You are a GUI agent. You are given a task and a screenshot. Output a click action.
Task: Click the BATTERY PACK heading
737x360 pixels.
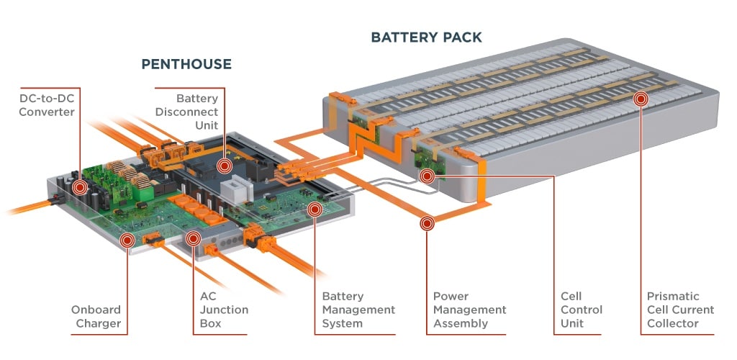pyautogui.click(x=426, y=37)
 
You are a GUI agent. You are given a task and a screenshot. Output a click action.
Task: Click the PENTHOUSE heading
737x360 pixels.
pyautogui.click(x=186, y=64)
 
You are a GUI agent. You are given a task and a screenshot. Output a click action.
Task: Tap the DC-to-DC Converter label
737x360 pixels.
pyautogui.click(x=47, y=105)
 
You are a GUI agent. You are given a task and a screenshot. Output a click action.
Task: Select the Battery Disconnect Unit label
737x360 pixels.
pyautogui.click(x=186, y=112)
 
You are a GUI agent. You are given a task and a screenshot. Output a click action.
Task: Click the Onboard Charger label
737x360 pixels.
pyautogui.click(x=96, y=317)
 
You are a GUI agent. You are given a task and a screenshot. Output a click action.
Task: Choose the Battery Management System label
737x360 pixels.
pyautogui.click(x=358, y=310)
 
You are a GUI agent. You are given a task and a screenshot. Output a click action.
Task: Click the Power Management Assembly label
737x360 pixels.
pyautogui.click(x=469, y=310)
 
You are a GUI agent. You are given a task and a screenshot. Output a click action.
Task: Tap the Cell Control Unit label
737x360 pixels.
pyautogui.click(x=582, y=310)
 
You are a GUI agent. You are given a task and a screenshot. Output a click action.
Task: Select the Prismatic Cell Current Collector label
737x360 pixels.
pyautogui.click(x=681, y=310)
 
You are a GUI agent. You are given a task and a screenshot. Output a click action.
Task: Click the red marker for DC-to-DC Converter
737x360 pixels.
pyautogui.click(x=80, y=187)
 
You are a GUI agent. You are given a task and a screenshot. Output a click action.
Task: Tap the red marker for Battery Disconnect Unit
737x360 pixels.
pyautogui.click(x=225, y=166)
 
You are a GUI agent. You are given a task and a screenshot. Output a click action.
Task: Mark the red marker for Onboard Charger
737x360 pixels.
pyautogui.click(x=127, y=240)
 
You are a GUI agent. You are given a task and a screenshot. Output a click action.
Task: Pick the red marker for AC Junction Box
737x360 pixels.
pyautogui.click(x=193, y=239)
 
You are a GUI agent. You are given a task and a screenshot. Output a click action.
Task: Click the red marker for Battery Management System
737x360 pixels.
pyautogui.click(x=315, y=209)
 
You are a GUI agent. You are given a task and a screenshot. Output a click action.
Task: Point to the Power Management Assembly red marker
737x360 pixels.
pyautogui.click(x=427, y=223)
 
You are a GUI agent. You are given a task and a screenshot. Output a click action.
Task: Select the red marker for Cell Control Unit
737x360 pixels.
pyautogui.click(x=427, y=176)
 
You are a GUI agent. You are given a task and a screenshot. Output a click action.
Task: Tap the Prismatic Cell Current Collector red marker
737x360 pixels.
pyautogui.click(x=641, y=99)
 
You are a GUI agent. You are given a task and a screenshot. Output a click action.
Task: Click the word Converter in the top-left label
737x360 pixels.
pyautogui.click(x=47, y=112)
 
